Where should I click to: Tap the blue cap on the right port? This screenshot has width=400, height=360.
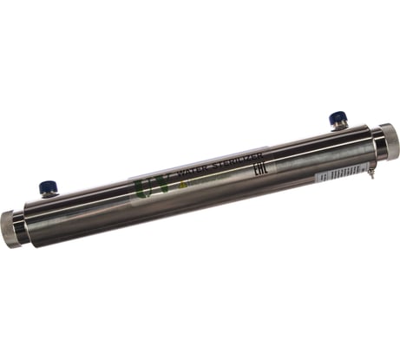click(335, 118)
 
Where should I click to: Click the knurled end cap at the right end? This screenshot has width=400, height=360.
click(386, 139)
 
